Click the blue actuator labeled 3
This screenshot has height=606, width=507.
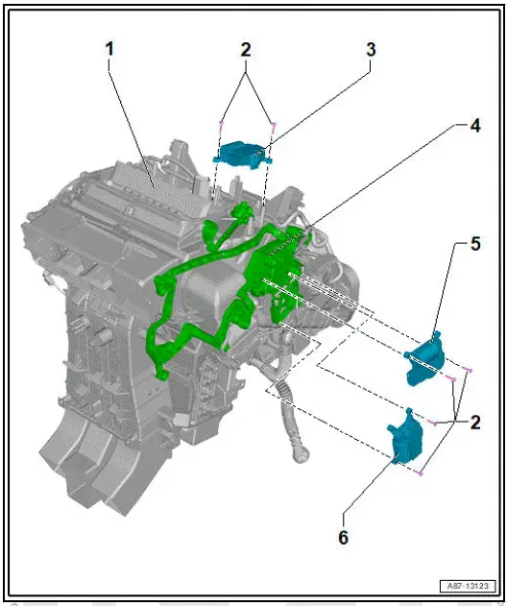click(242, 151)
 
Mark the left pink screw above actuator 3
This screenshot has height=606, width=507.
click(222, 123)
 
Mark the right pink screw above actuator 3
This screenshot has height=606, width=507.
click(275, 122)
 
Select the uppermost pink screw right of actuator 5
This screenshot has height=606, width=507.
click(467, 369)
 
